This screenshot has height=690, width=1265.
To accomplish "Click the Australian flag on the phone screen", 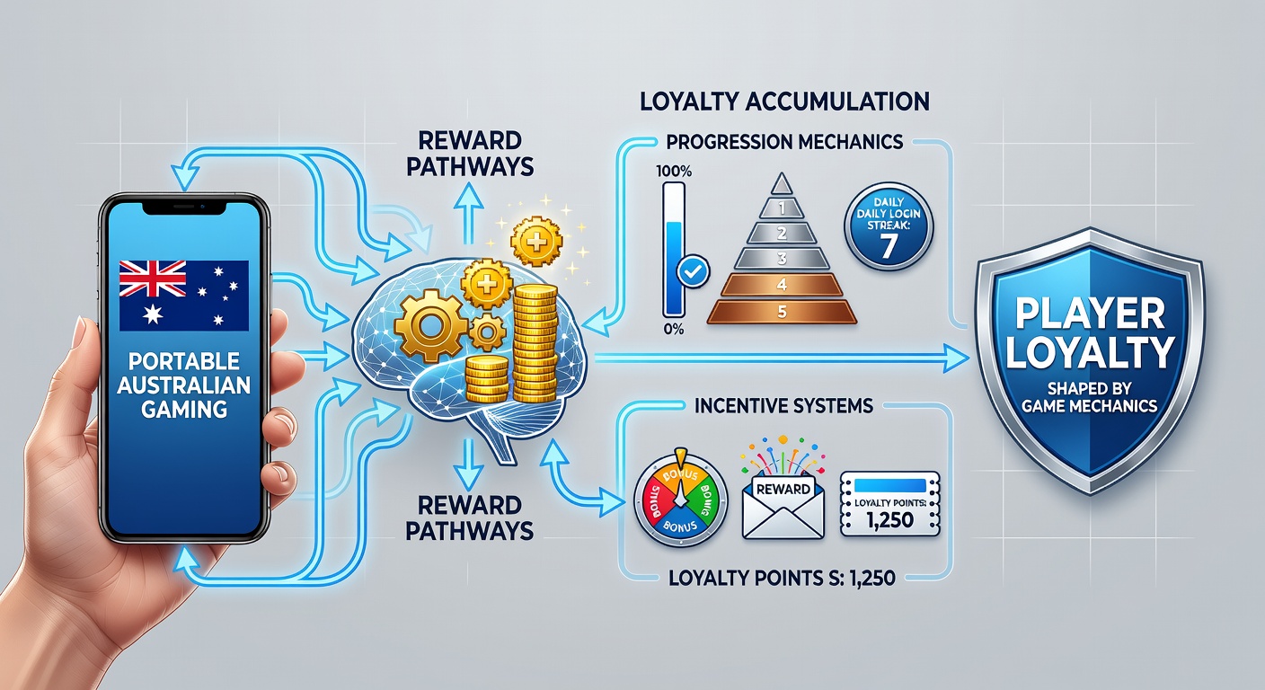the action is [x=184, y=296].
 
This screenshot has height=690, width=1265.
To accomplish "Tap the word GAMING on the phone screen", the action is [x=184, y=409].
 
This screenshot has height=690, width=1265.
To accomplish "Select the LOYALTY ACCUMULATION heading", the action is [x=784, y=102].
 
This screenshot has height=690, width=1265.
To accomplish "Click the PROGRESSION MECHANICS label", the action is [x=784, y=142].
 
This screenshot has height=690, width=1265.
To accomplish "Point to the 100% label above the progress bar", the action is [x=674, y=171].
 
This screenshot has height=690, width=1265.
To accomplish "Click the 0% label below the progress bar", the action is [x=674, y=329].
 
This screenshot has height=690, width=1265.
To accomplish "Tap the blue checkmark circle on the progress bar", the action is [x=693, y=272].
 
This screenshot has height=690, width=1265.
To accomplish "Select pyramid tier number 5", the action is [x=783, y=312].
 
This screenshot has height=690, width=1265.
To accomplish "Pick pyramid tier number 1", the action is [x=783, y=208].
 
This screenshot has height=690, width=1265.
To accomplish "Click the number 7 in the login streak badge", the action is [x=889, y=247].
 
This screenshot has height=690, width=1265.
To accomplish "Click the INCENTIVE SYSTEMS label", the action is [x=783, y=406].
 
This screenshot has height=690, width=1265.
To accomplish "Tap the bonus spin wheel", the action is [x=681, y=499].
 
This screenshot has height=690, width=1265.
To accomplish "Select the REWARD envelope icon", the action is [x=783, y=505].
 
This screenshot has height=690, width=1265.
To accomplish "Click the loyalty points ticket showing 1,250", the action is [x=890, y=504].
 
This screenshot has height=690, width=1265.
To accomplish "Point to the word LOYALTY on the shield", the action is [x=1090, y=352].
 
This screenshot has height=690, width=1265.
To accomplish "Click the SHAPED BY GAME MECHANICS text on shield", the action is [x=1090, y=397].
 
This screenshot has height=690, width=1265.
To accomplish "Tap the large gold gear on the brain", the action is [x=430, y=325].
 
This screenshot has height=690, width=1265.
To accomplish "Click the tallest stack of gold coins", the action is [x=535, y=341].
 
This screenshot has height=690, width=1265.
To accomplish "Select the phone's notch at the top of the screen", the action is [x=184, y=208].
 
